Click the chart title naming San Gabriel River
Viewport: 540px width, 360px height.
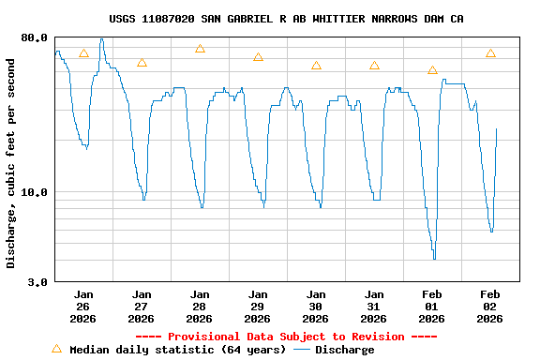click(x=286, y=19)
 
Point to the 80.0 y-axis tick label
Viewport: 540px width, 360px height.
click(x=35, y=37)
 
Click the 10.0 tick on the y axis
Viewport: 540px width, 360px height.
click(x=35, y=192)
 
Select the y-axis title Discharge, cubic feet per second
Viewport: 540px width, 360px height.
click(x=11, y=162)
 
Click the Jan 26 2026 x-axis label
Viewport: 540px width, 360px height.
click(x=83, y=306)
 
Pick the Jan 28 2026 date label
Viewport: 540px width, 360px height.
click(x=200, y=306)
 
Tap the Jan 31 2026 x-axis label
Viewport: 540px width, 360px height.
click(x=374, y=306)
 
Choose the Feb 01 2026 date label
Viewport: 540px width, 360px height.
click(x=432, y=306)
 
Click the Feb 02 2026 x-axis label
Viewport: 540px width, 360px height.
click(x=490, y=306)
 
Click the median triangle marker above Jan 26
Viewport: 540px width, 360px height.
click(x=83, y=54)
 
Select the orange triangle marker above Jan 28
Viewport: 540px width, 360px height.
click(x=200, y=49)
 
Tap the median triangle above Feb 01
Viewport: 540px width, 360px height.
click(x=432, y=70)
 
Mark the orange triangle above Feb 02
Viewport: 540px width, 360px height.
click(x=490, y=54)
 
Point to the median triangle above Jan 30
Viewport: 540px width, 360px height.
click(x=316, y=66)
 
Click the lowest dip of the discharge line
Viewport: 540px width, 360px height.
click(x=434, y=258)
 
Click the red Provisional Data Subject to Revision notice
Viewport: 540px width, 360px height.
click(x=286, y=337)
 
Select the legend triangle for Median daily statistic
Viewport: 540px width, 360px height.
click(x=56, y=349)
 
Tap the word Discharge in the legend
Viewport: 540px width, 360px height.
click(x=344, y=350)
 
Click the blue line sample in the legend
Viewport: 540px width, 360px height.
click(x=302, y=350)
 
